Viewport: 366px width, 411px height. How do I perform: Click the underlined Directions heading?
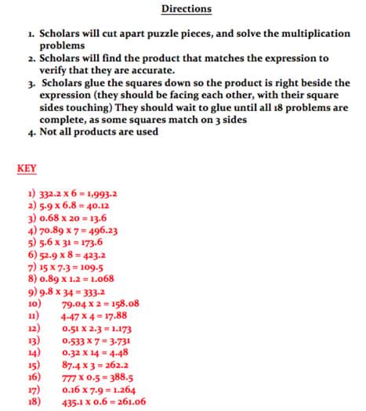[x=186, y=9]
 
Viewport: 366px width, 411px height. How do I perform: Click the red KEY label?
[x=26, y=168]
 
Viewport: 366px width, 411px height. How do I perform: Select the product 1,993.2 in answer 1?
[x=100, y=193]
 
